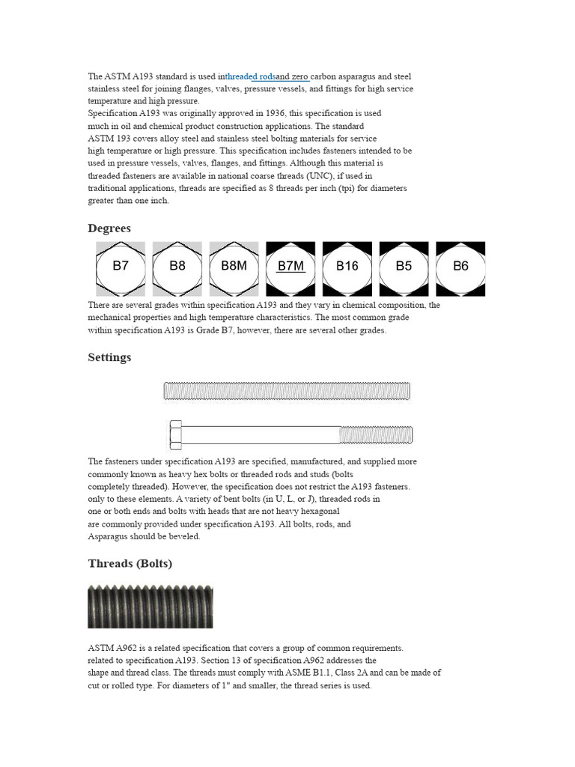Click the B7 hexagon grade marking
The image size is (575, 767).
121,267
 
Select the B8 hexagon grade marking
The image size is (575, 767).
177,267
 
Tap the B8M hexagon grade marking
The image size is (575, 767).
234,267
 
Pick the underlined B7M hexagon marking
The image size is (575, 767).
290,267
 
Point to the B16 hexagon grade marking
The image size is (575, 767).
347,267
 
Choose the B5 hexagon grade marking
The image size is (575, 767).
404,267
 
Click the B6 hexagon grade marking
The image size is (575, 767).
460,267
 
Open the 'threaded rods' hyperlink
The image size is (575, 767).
250,76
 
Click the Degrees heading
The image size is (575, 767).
109,228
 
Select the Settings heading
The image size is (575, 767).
109,357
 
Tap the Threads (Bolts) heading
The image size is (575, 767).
130,563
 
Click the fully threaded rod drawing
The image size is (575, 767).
287,391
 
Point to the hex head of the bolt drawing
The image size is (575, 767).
175,434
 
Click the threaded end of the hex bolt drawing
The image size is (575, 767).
376,434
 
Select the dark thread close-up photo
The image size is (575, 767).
150,606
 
